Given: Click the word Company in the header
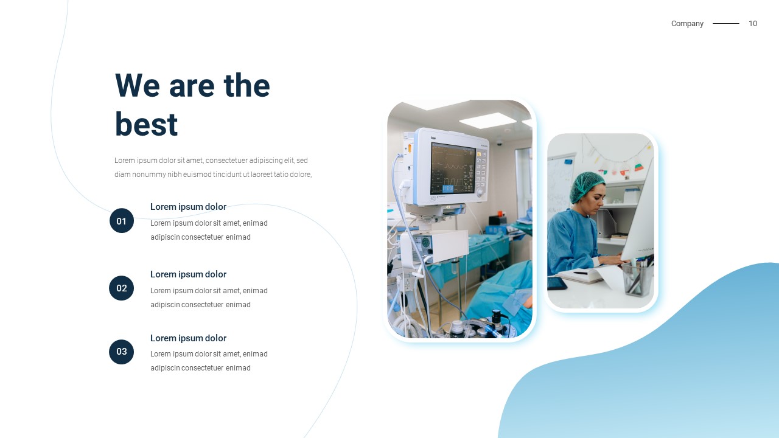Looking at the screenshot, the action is [687, 24].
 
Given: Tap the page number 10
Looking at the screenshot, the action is [753, 24].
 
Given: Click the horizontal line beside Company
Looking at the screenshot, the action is [726, 23].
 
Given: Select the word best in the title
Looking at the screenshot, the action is [147, 124].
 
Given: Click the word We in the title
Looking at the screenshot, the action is [138, 86].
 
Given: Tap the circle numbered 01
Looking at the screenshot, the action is [122, 221].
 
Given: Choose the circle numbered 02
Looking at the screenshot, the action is [121, 288].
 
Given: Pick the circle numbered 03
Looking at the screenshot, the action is [121, 352].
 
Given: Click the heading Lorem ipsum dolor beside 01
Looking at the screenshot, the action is [188, 207].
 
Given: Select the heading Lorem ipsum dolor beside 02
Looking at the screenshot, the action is [188, 274].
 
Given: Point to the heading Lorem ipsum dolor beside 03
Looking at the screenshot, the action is [188, 338].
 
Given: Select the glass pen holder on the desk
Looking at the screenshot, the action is [638, 278].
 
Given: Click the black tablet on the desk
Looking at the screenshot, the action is [557, 283].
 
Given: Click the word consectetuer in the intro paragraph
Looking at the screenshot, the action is [226, 161].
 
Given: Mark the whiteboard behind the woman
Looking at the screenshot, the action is [561, 184].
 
